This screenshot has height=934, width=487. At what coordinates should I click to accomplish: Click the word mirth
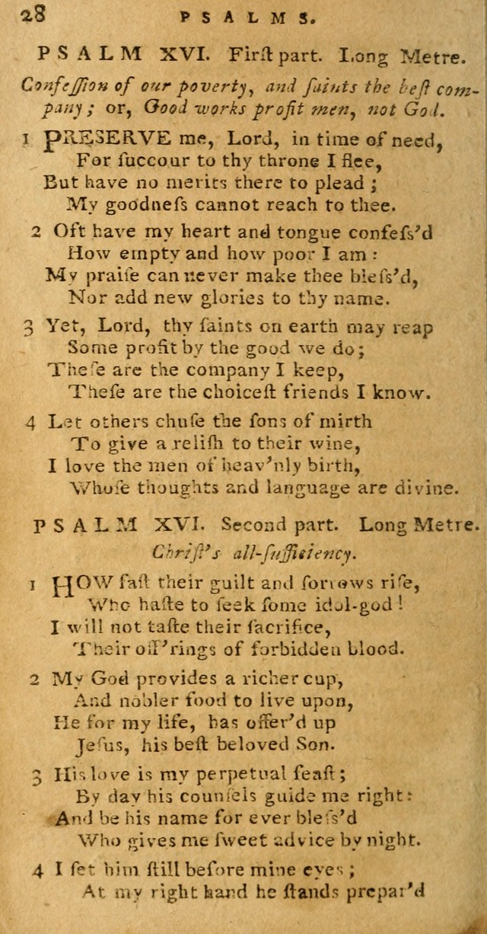[x=343, y=421]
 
